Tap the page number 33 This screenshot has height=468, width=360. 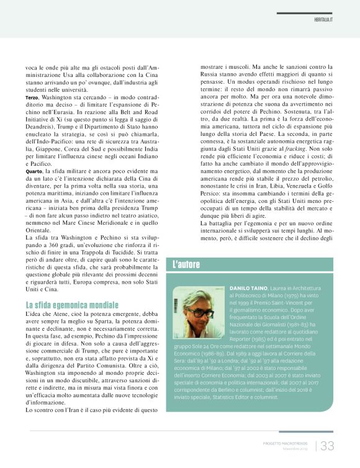coord(327,444)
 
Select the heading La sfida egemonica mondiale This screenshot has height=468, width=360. coord(72,305)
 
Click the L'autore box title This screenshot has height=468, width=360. coord(186,264)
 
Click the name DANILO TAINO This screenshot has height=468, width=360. coord(248,289)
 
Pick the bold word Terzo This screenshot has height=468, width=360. coord(32,97)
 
